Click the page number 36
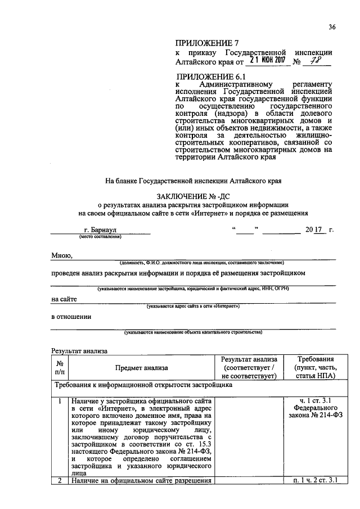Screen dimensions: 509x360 pos(332,26)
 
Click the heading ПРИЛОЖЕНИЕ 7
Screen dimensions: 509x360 pos(204,43)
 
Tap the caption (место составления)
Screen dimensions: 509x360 pos(101,237)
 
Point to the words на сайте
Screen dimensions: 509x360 pos(64,299)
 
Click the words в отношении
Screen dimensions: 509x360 pos(71,316)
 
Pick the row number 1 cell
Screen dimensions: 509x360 pos(60,401)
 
